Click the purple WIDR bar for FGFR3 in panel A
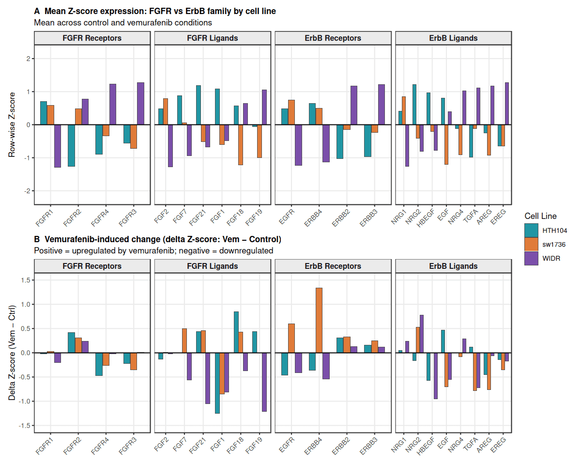[x=140, y=104]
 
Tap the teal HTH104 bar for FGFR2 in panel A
[x=71, y=145]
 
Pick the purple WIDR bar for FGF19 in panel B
[x=264, y=382]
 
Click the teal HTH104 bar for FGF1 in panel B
[x=217, y=383]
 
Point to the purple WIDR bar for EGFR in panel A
[x=298, y=145]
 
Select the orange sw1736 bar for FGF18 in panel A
[x=241, y=145]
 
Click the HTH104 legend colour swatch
[x=531, y=230]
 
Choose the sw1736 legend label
[x=555, y=245]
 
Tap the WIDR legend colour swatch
[x=531, y=258]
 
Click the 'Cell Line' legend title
[x=540, y=216]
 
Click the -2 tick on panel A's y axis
[x=27, y=191]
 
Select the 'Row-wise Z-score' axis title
[x=12, y=124]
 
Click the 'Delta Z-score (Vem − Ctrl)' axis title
[x=12, y=353]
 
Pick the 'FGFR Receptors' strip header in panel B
[x=92, y=266]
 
